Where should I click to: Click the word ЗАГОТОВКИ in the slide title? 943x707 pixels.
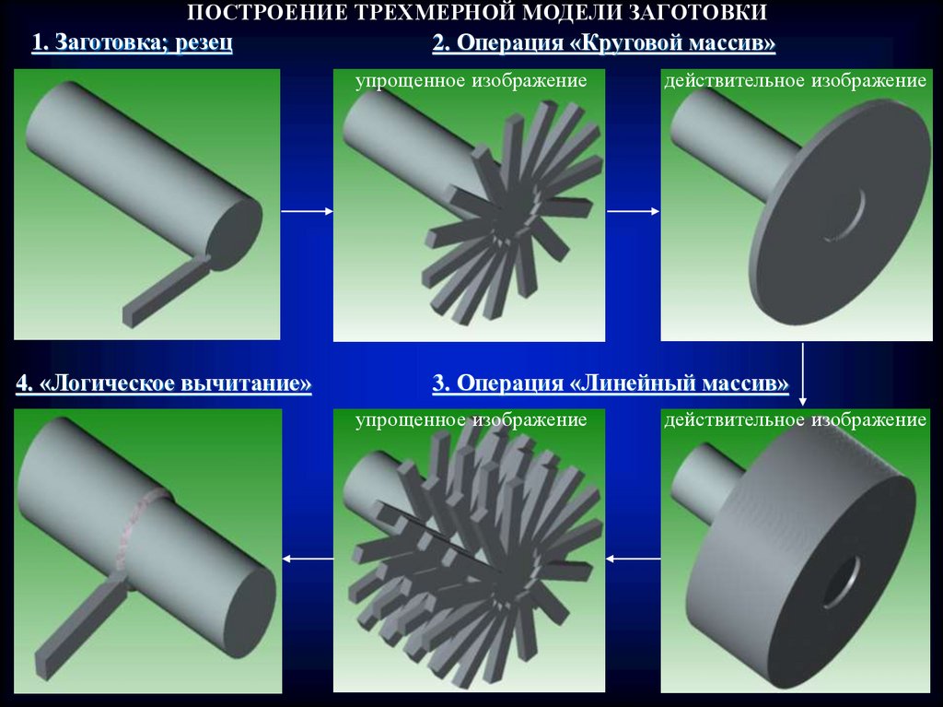click(x=698, y=11)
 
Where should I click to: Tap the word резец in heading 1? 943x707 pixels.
click(x=204, y=42)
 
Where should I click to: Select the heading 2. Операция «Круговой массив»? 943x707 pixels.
click(x=604, y=42)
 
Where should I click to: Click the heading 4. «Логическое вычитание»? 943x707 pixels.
click(x=164, y=383)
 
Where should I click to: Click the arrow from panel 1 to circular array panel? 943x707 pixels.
click(x=307, y=211)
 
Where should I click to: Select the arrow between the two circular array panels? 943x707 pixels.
click(x=634, y=211)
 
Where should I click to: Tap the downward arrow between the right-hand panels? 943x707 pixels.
click(x=802, y=374)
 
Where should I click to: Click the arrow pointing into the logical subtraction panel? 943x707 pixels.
click(x=308, y=559)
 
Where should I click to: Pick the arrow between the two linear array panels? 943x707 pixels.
click(x=633, y=559)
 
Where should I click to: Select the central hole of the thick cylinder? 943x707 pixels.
click(x=844, y=582)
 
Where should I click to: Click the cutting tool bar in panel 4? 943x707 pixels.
click(x=82, y=626)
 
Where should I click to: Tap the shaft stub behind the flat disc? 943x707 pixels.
click(x=729, y=142)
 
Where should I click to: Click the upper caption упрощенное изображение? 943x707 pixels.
click(x=471, y=81)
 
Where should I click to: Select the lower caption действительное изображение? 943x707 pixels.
click(x=795, y=419)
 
